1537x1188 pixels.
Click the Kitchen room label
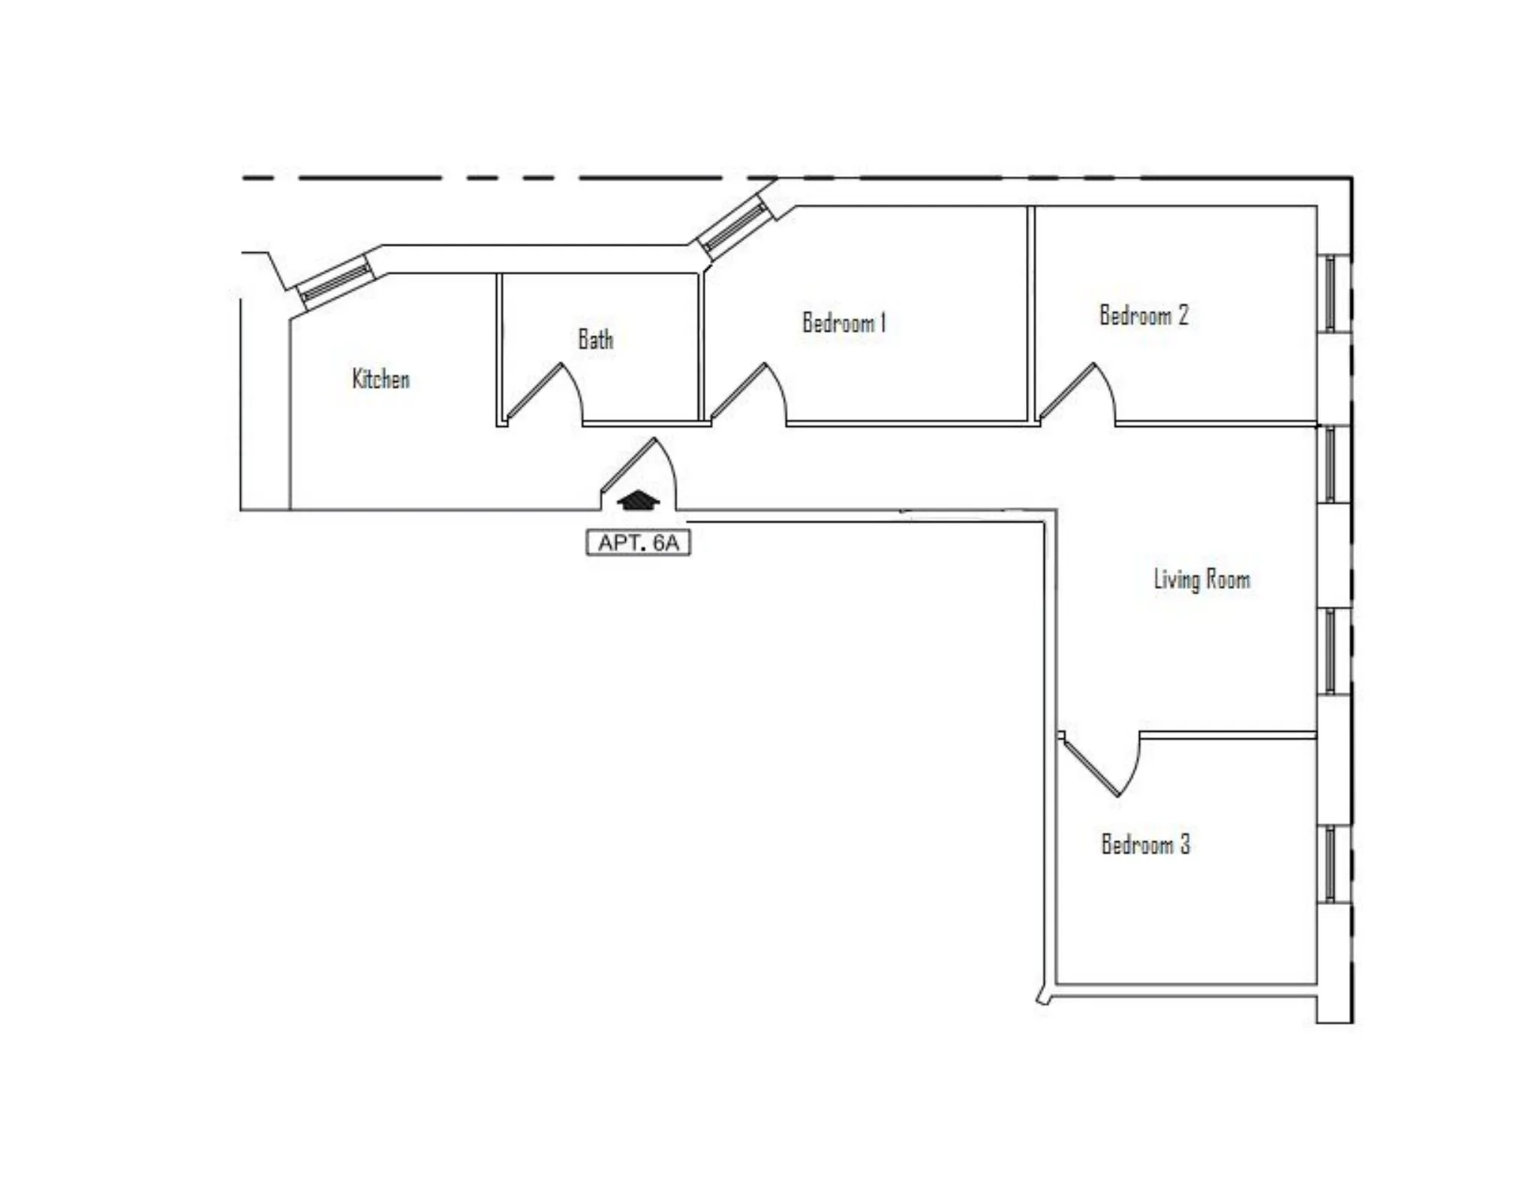click(381, 379)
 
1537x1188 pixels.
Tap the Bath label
click(595, 339)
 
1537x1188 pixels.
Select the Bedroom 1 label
click(844, 323)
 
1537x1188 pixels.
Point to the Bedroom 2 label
click(1144, 315)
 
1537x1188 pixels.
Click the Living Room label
click(1202, 579)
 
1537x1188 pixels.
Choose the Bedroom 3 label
click(1145, 844)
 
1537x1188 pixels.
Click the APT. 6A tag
click(638, 543)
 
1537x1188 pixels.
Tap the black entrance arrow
click(636, 501)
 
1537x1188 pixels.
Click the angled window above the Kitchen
click(335, 282)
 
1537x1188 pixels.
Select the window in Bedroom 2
click(1331, 293)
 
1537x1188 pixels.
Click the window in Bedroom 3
click(1331, 863)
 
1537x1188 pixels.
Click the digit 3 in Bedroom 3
click(1185, 844)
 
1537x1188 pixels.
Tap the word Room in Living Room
click(1229, 579)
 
